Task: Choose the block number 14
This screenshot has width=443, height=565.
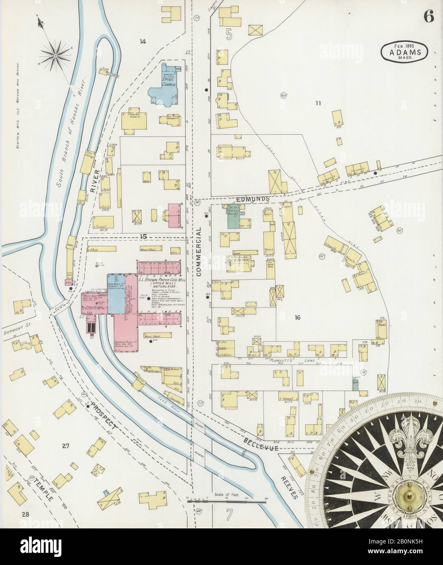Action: pos(142,41)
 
